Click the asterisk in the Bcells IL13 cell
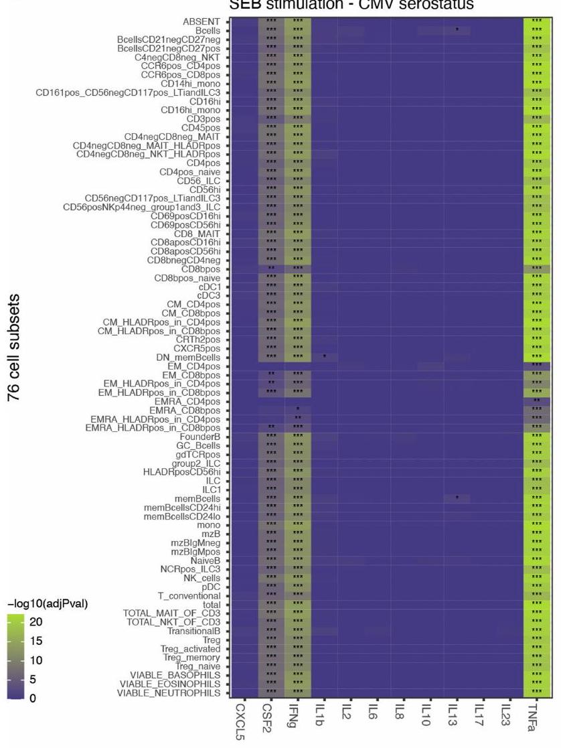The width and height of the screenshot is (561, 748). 457,30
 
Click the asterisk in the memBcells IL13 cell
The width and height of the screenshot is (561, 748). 457,498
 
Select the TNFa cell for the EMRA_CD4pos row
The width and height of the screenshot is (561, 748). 537,401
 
